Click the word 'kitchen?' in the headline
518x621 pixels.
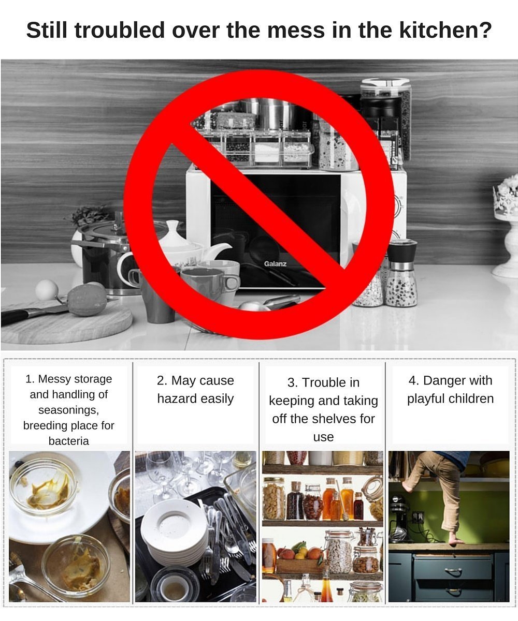445,30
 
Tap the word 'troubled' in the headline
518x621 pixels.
119,30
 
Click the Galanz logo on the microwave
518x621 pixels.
275,263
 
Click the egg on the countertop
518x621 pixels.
47,290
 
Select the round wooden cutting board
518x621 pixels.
66,323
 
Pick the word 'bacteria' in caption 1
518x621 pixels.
69,441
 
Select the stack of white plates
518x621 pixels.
174,531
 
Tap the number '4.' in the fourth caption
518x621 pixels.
413,380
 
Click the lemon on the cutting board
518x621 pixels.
87,300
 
